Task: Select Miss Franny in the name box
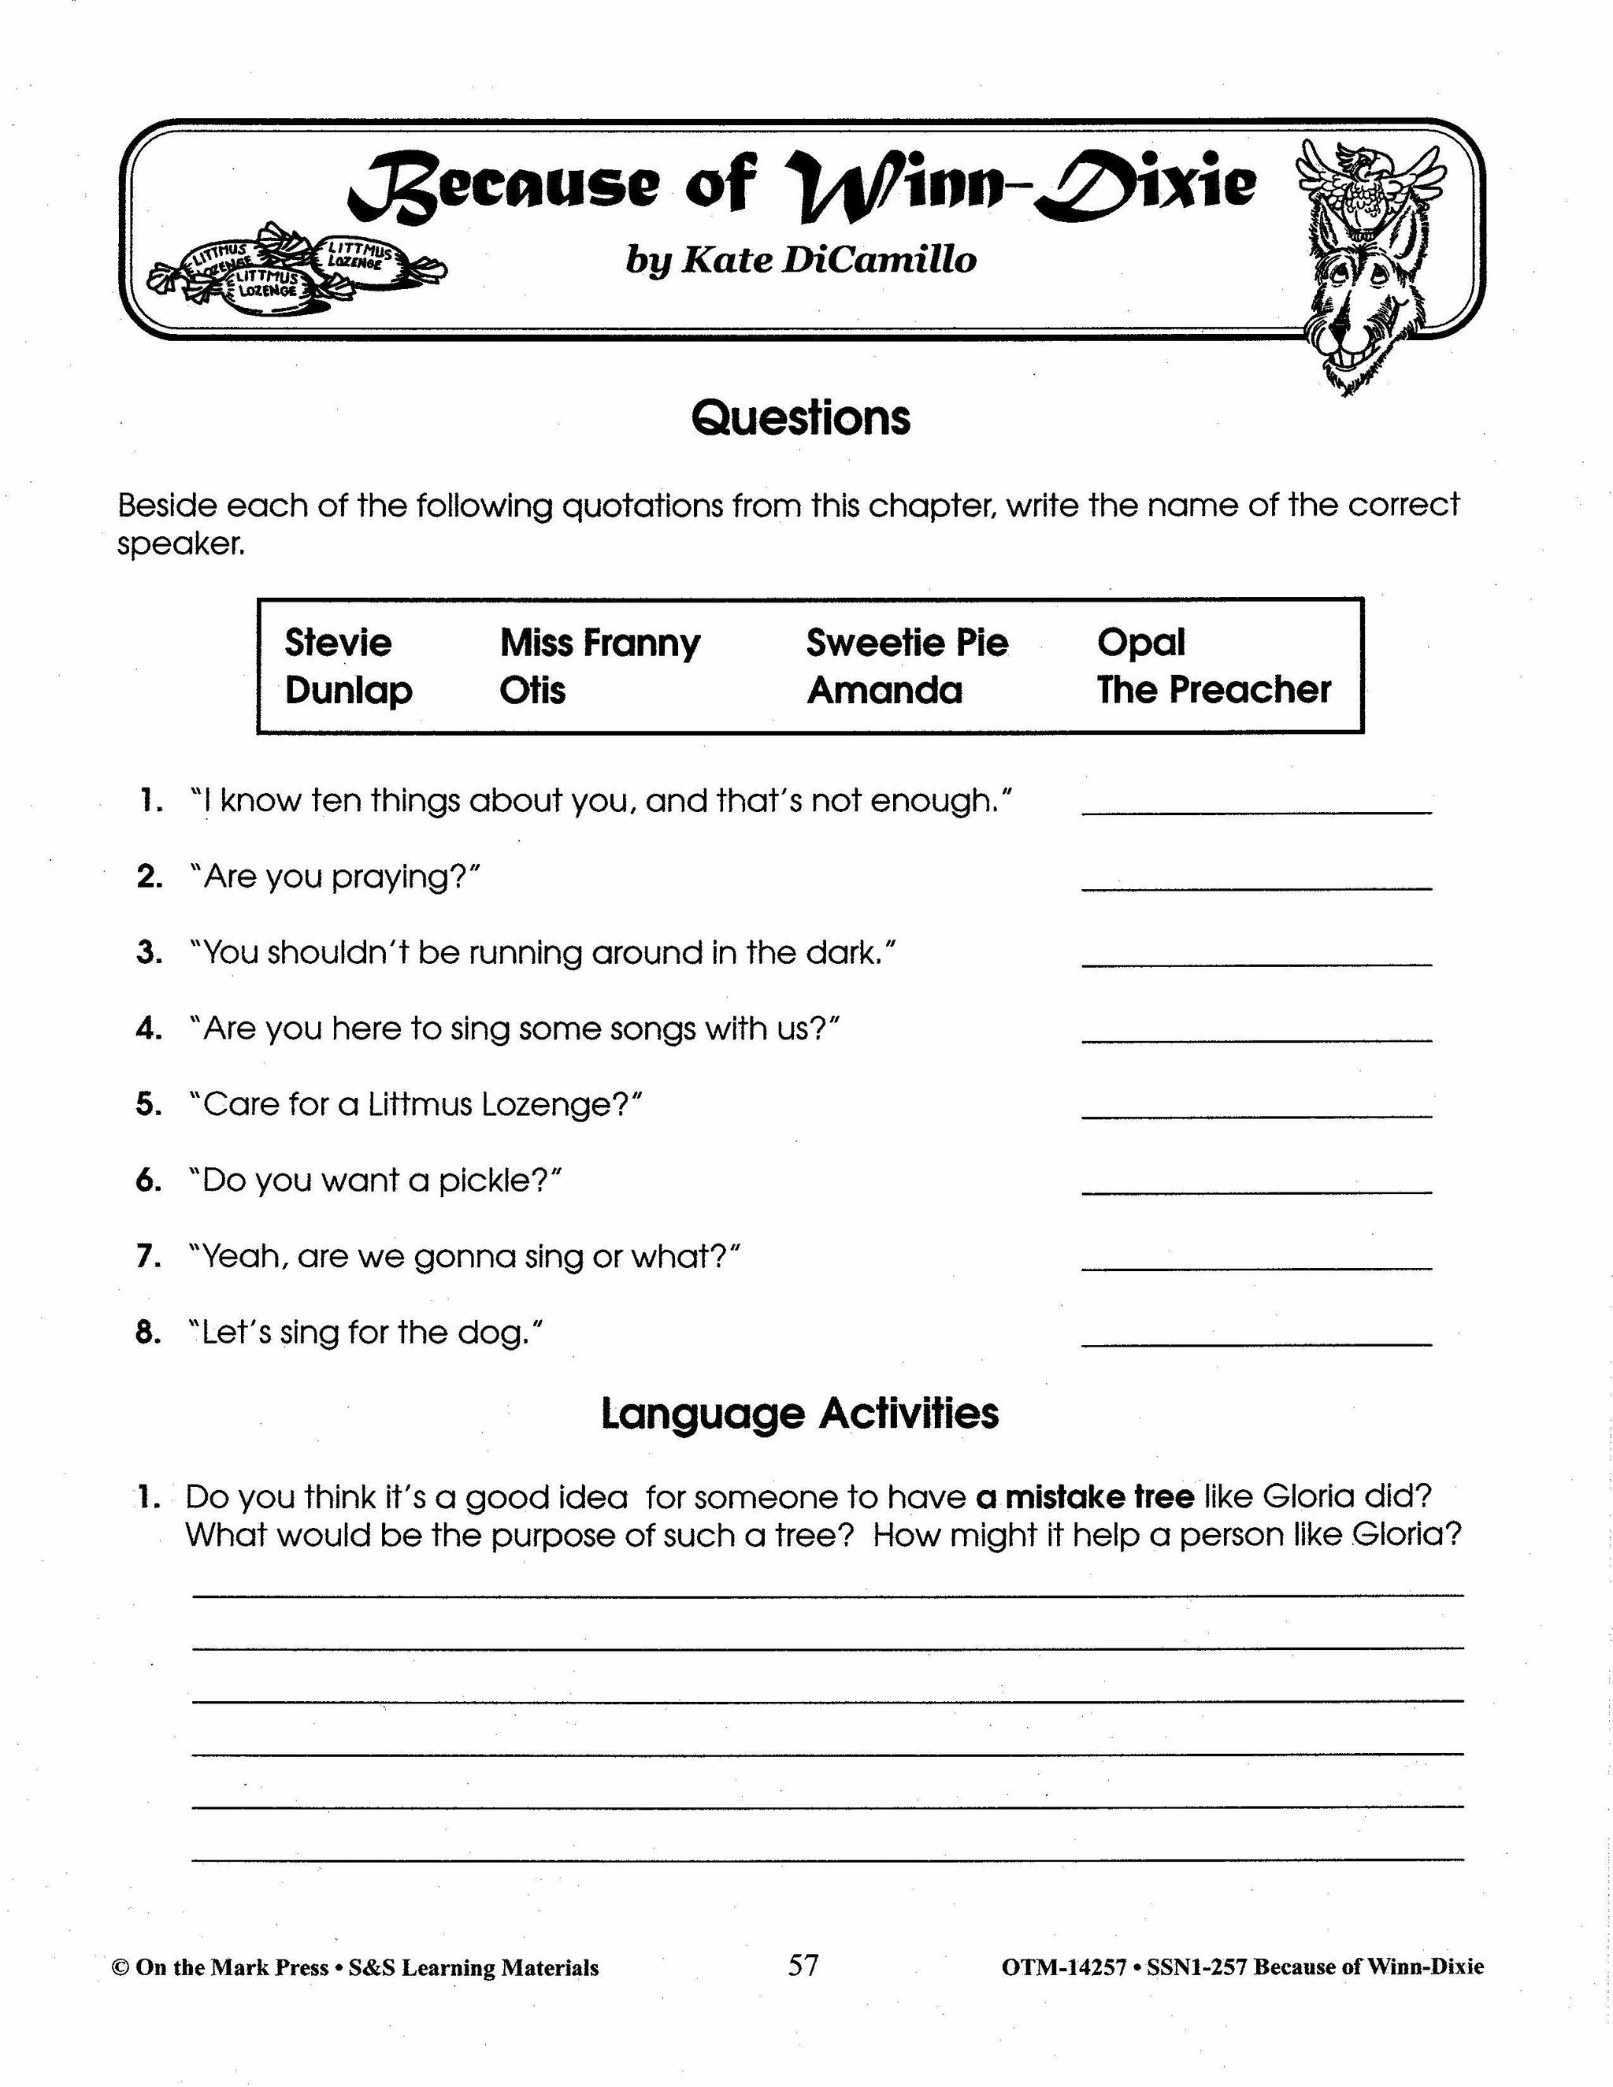point(599,644)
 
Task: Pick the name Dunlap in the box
point(348,691)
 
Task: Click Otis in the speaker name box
point(532,690)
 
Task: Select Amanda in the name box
point(884,690)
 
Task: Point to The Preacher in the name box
point(1214,689)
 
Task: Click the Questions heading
point(801,418)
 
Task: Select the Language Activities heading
point(800,1414)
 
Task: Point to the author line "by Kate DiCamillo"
point(801,260)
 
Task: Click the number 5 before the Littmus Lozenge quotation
point(147,1105)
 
